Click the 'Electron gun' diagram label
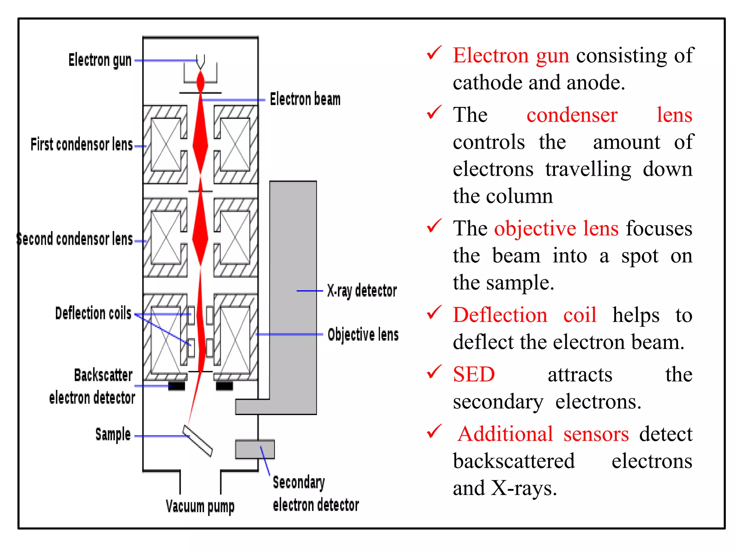pos(100,60)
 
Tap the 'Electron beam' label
pos(305,99)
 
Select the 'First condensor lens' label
pos(82,145)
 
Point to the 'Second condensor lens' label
pos(75,239)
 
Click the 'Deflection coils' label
pos(93,313)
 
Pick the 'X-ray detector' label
pos(362,291)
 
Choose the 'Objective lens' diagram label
pos(363,335)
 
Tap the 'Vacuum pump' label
pos(200,507)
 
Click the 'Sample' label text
pos(113,435)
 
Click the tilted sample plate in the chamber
pos(198,441)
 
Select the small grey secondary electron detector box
pos(255,449)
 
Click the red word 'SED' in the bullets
pos(474,374)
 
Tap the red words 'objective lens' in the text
pos(556,229)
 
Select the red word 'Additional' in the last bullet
pos(505,434)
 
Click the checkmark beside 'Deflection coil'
pos(434,313)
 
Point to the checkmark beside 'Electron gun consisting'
pos(434,53)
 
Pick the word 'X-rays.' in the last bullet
pos(524,489)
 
